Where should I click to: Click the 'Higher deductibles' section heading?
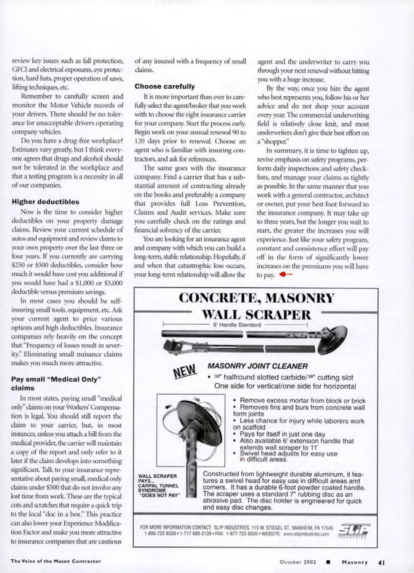(45, 202)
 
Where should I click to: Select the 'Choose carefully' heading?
(165, 87)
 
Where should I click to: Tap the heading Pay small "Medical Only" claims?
(56, 383)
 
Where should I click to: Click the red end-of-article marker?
(286, 274)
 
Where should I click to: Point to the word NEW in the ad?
(185, 370)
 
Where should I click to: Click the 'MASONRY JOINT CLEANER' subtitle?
(258, 366)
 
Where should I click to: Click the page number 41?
(381, 561)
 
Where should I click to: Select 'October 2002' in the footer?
(298, 561)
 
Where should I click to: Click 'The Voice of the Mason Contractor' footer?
(56, 561)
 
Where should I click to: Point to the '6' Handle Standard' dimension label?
(237, 325)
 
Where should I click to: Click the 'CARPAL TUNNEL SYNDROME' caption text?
(158, 488)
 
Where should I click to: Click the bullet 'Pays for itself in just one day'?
(282, 434)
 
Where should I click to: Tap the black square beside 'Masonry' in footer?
(328, 561)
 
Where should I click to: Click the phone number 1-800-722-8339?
(155, 534)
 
